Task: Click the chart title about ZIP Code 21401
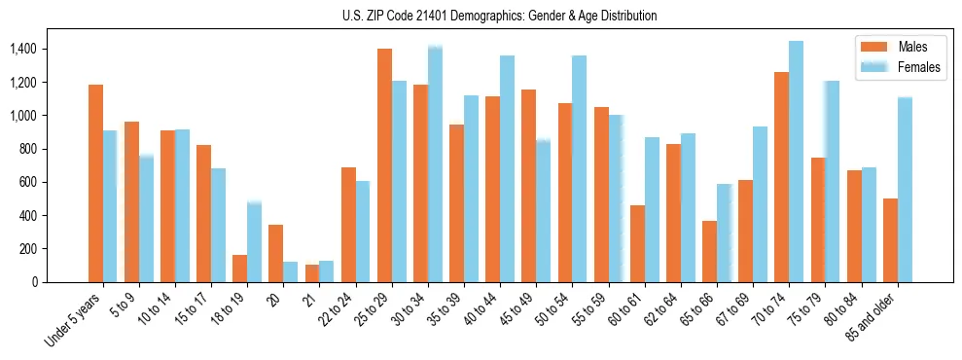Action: [499, 16]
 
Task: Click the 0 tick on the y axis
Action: [34, 282]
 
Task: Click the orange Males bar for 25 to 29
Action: [384, 165]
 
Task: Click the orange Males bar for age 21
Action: [311, 273]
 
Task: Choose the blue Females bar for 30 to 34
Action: [435, 163]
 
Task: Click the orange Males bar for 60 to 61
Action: [637, 243]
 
